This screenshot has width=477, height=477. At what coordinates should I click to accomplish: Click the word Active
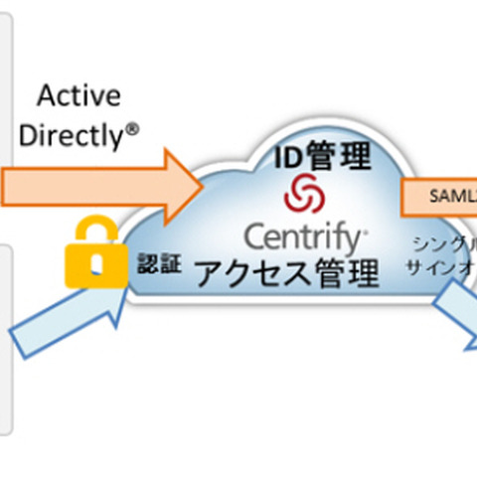tap(79, 96)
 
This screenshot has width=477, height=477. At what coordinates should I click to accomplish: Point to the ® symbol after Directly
tap(145, 130)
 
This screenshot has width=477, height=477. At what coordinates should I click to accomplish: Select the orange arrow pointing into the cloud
tap(99, 186)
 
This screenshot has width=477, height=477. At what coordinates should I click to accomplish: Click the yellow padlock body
tap(91, 263)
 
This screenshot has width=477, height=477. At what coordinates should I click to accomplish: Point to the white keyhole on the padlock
tap(92, 263)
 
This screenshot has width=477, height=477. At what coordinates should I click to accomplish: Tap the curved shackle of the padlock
tap(92, 225)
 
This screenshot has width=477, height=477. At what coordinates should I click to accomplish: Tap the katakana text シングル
tap(445, 242)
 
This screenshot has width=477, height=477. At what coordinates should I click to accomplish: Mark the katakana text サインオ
tap(441, 265)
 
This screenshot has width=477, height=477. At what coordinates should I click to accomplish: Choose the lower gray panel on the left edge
tap(5, 338)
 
